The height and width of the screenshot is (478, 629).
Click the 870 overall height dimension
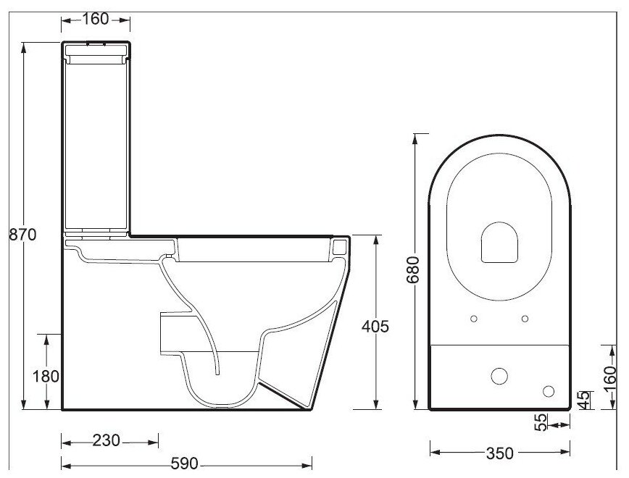coord(22,234)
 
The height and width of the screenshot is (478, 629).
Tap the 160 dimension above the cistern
coord(96,19)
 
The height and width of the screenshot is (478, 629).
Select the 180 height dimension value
coord(46,377)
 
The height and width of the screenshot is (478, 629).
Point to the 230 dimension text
coord(107,441)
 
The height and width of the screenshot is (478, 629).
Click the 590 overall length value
coord(185,464)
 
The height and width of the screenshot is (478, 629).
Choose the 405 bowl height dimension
coord(375,327)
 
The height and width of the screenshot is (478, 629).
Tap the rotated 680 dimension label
coord(413,270)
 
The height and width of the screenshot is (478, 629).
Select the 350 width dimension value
coord(500,453)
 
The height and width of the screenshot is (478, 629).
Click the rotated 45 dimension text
coord(586,401)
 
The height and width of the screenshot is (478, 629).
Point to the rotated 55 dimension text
coord(541,422)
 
